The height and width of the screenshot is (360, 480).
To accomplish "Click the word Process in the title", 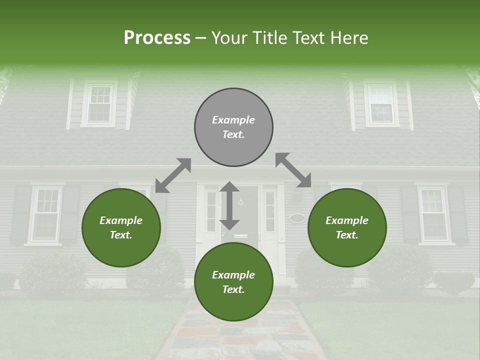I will pos(157,38).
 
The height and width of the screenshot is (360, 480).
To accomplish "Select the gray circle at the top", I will pos(233,127).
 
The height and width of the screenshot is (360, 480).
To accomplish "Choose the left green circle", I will pos(121,227).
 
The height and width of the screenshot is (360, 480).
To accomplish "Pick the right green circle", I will pos(347,227).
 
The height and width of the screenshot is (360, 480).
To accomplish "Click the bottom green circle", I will pos(233,282).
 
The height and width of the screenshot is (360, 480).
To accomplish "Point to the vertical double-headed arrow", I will pos(229,205).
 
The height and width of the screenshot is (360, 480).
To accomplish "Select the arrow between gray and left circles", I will pos(173,175).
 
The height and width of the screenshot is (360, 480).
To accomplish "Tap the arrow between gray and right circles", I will pos(293,170).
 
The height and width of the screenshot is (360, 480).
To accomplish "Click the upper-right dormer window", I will pos(381,104).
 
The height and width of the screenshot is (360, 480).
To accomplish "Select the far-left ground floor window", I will pos(46,214).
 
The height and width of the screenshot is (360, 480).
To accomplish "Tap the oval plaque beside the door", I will pos(297,218).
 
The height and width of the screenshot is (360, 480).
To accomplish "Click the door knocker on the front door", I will pos(241,202).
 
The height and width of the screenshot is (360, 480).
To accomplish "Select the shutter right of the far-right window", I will pos(457,214).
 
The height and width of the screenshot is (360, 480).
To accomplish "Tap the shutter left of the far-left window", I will pos(21,214).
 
